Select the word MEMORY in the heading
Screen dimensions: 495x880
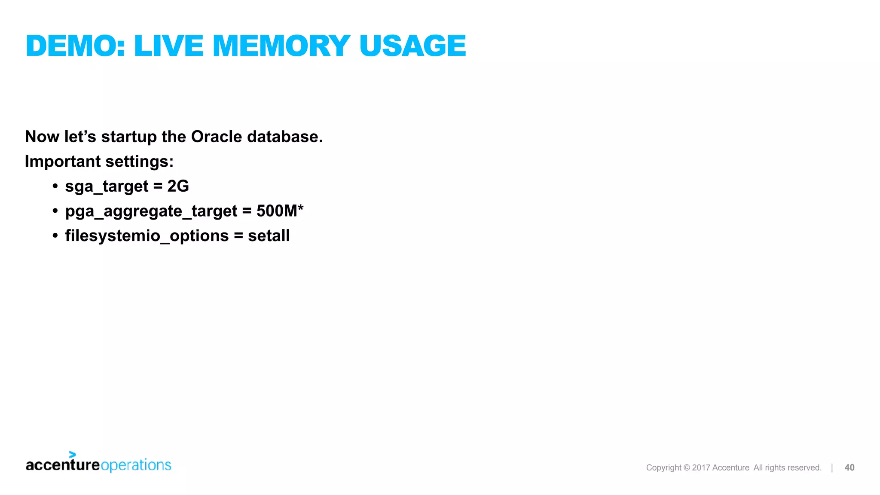pyautogui.click(x=281, y=46)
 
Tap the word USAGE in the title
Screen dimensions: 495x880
pyautogui.click(x=412, y=46)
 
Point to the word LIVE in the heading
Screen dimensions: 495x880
pyautogui.click(x=168, y=46)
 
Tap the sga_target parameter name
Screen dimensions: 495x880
pyautogui.click(x=107, y=186)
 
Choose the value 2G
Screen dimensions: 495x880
pyautogui.click(x=178, y=186)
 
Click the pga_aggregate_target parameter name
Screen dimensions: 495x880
pyautogui.click(x=151, y=211)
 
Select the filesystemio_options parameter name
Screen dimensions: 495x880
pyautogui.click(x=147, y=236)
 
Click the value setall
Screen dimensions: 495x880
pyautogui.click(x=269, y=235)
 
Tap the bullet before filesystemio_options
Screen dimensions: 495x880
pyautogui.click(x=55, y=235)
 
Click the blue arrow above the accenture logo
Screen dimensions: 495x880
pyautogui.click(x=72, y=455)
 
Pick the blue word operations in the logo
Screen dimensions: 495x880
pyautogui.click(x=136, y=465)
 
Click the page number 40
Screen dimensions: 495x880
pyautogui.click(x=849, y=467)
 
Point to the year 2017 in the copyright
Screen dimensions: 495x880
pyautogui.click(x=701, y=467)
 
